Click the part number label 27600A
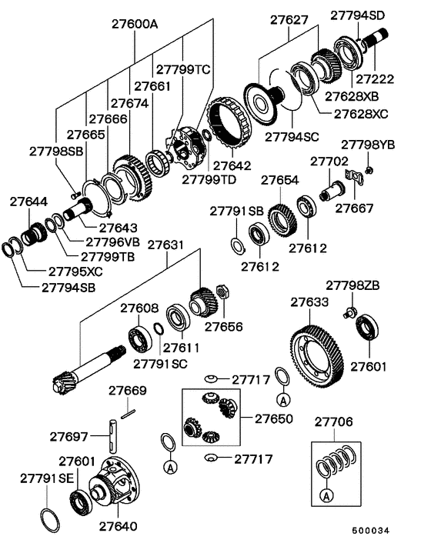coord(135,25)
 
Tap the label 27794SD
coord(358,15)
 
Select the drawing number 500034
coord(371,531)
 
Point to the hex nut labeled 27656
coord(222,291)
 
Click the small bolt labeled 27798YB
coord(369,170)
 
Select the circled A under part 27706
coord(326,495)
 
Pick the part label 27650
coord(274,418)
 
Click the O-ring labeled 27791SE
coord(50,520)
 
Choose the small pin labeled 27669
coord(128,414)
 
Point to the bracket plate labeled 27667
coord(355,177)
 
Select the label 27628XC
coord(361,114)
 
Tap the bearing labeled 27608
coord(140,338)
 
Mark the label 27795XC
coord(75,271)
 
